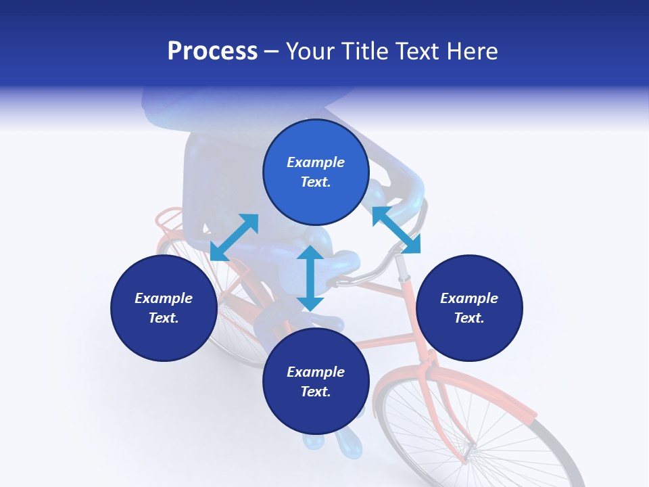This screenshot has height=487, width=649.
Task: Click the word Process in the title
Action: pos(212,51)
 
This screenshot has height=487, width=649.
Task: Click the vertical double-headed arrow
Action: pos(310,278)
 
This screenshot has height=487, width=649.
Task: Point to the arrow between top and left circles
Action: pos(234,237)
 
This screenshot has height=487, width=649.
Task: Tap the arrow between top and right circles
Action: pos(396,230)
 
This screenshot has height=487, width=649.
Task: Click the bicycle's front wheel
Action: pos(473,433)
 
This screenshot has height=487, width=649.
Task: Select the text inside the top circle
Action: pos(316,172)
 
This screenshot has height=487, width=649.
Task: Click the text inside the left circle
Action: pos(164,308)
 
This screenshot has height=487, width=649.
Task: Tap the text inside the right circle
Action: pos(469,308)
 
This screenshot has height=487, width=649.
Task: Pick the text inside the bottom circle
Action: pos(316,381)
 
